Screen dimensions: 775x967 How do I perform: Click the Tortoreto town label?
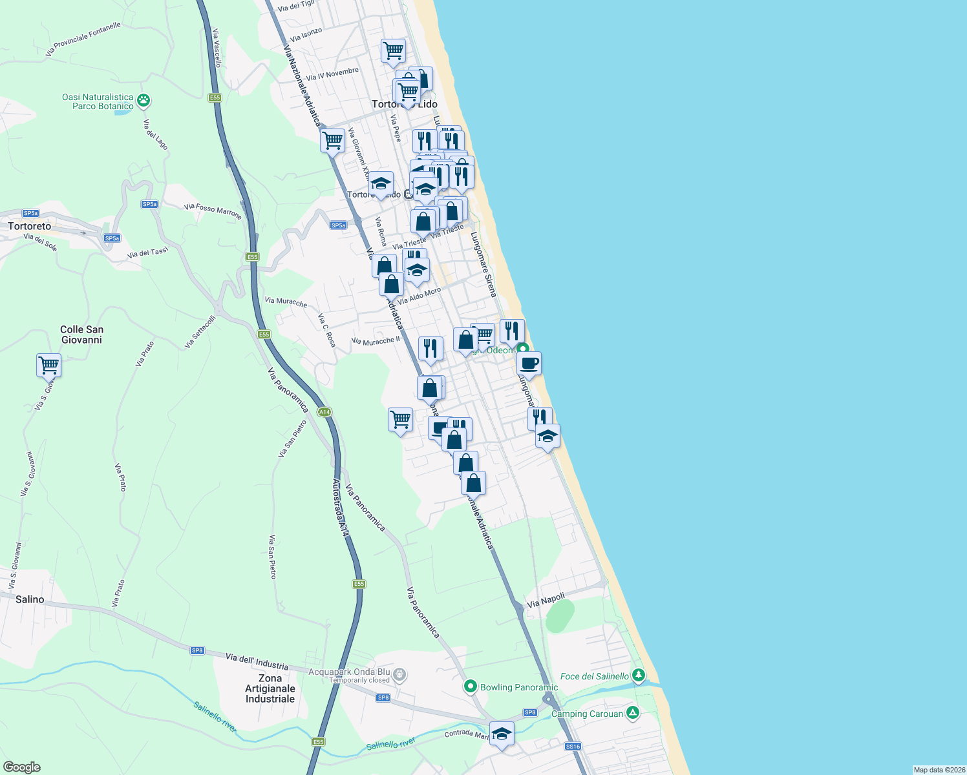click(x=30, y=226)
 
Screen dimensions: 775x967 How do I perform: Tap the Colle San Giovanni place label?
click(x=81, y=335)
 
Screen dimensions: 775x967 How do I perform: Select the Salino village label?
click(x=30, y=599)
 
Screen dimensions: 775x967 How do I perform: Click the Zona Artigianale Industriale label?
click(x=270, y=688)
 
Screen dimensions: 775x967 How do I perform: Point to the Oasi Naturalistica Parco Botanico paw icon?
click(x=143, y=101)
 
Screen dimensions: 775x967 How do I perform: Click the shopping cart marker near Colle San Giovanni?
click(x=49, y=366)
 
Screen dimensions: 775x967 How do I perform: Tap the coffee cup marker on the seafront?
click(x=529, y=364)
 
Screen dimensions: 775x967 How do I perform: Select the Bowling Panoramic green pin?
click(x=471, y=687)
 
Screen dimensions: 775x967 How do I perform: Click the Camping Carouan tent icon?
click(x=633, y=713)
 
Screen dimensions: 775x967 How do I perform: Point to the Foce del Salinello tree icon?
click(x=639, y=676)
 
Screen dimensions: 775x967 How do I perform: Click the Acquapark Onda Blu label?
click(x=349, y=672)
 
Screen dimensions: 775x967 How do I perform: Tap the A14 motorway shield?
click(x=324, y=412)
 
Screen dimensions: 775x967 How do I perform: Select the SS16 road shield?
click(x=573, y=746)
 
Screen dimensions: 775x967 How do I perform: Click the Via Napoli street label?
click(x=546, y=601)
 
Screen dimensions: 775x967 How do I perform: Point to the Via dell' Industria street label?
click(x=257, y=661)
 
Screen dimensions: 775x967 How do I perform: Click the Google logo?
click(x=22, y=767)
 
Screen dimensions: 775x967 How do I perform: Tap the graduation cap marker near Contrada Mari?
click(x=502, y=734)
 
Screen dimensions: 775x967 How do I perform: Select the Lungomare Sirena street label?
click(x=483, y=264)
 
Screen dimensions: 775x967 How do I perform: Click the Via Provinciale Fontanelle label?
click(x=83, y=39)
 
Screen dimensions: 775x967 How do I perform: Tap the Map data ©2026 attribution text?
click(x=939, y=770)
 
